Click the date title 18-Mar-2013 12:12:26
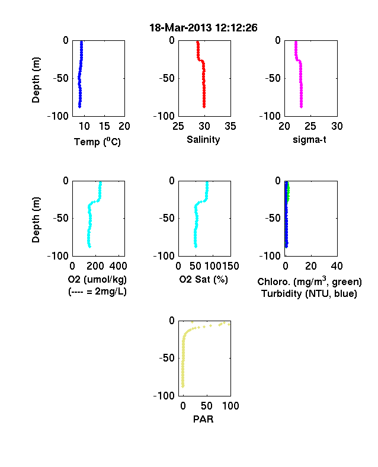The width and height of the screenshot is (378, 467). [203, 28]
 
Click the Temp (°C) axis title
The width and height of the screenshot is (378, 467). [97, 142]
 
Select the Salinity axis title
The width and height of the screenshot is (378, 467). [203, 140]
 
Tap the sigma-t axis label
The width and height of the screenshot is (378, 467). [309, 140]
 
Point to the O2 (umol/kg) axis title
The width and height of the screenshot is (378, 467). [97, 279]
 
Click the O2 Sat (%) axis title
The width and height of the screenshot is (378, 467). [203, 279]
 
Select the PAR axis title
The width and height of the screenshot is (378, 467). [203, 420]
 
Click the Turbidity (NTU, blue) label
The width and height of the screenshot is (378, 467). [309, 294]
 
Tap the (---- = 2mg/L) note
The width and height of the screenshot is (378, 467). [97, 291]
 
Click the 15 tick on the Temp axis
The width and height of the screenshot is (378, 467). [104, 126]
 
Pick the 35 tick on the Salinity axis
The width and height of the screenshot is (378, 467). [230, 126]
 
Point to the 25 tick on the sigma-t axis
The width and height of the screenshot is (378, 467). [310, 126]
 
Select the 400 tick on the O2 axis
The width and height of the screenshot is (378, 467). [118, 266]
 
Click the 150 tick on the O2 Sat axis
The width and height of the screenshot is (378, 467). [230, 266]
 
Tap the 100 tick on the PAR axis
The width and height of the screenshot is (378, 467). [230, 406]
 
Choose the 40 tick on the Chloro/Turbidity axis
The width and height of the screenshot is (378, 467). [337, 266]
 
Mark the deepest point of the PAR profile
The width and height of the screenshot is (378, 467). [183, 386]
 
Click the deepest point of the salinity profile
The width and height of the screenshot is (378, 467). [204, 107]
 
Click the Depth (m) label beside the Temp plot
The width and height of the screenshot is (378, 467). [36, 80]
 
